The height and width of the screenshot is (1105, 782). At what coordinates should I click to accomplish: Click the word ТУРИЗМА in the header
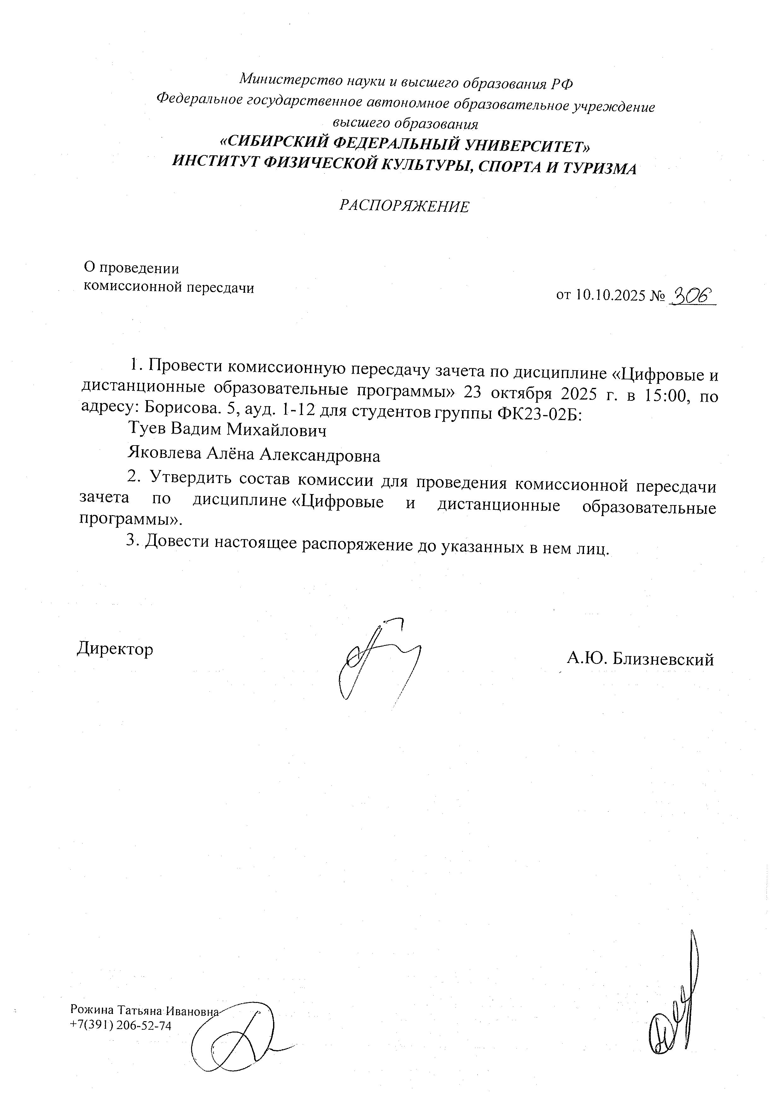(x=599, y=169)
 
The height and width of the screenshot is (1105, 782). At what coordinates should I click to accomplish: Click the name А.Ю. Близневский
(x=640, y=659)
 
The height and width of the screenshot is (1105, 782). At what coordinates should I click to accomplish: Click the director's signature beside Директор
(x=380, y=659)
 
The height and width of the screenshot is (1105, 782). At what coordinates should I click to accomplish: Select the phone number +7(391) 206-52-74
(x=120, y=1026)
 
